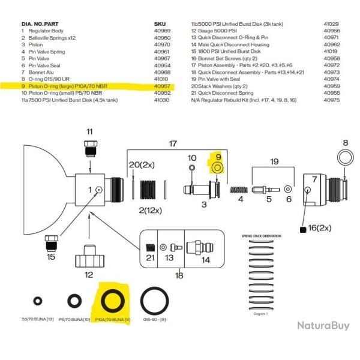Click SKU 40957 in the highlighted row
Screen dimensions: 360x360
pos(163,86)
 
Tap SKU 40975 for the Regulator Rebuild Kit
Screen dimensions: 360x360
pos(332,101)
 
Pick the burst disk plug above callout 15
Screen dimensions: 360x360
pos(52,242)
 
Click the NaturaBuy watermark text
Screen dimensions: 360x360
pos(323,326)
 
